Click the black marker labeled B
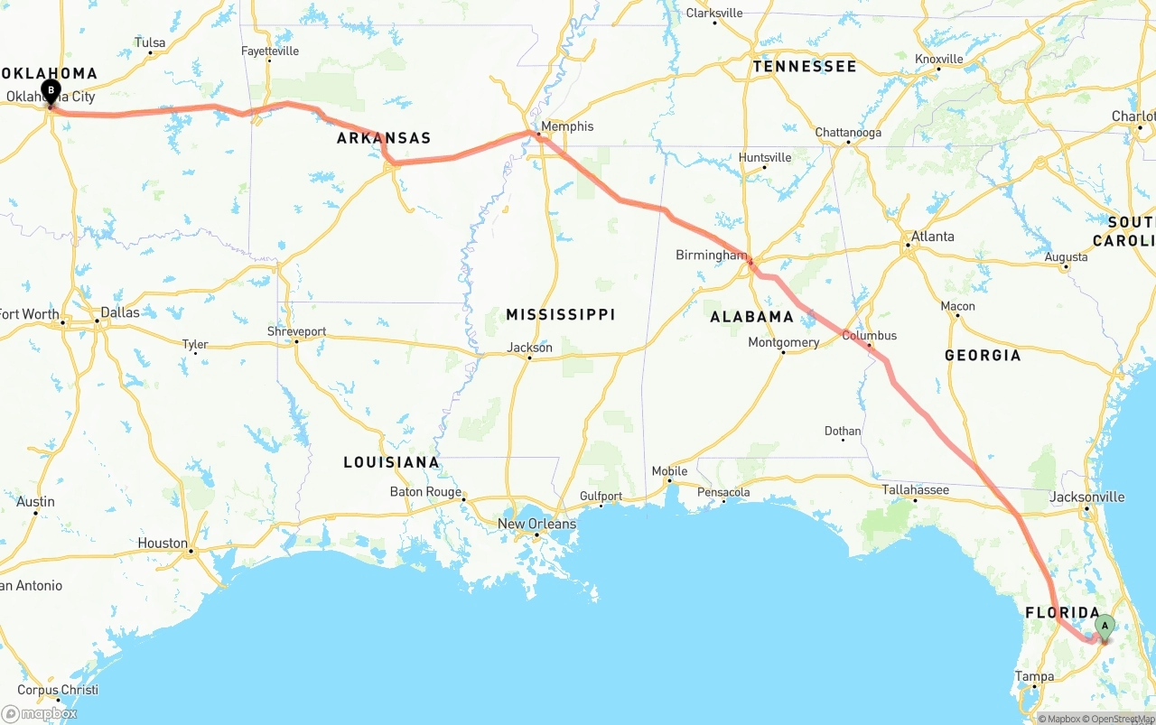pyautogui.click(x=51, y=91)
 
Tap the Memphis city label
pyautogui.click(x=567, y=126)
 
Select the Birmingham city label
pyautogui.click(x=712, y=256)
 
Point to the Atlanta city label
pyautogui.click(x=933, y=237)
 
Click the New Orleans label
pyautogui.click(x=536, y=524)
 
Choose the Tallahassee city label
pyautogui.click(x=916, y=490)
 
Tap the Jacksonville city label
pyautogui.click(x=1087, y=497)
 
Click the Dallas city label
pyautogui.click(x=120, y=312)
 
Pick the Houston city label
pyautogui.click(x=163, y=544)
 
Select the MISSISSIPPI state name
pyautogui.click(x=561, y=314)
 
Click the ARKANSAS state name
pyautogui.click(x=384, y=138)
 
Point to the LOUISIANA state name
pyautogui.click(x=391, y=462)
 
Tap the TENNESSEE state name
pyautogui.click(x=805, y=67)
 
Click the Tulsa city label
pyautogui.click(x=150, y=42)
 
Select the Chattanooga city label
pyautogui.click(x=848, y=133)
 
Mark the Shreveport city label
pyautogui.click(x=296, y=331)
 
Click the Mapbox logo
pyautogui.click(x=40, y=713)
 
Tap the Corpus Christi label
pyautogui.click(x=58, y=690)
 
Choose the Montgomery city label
pyautogui.click(x=784, y=342)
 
